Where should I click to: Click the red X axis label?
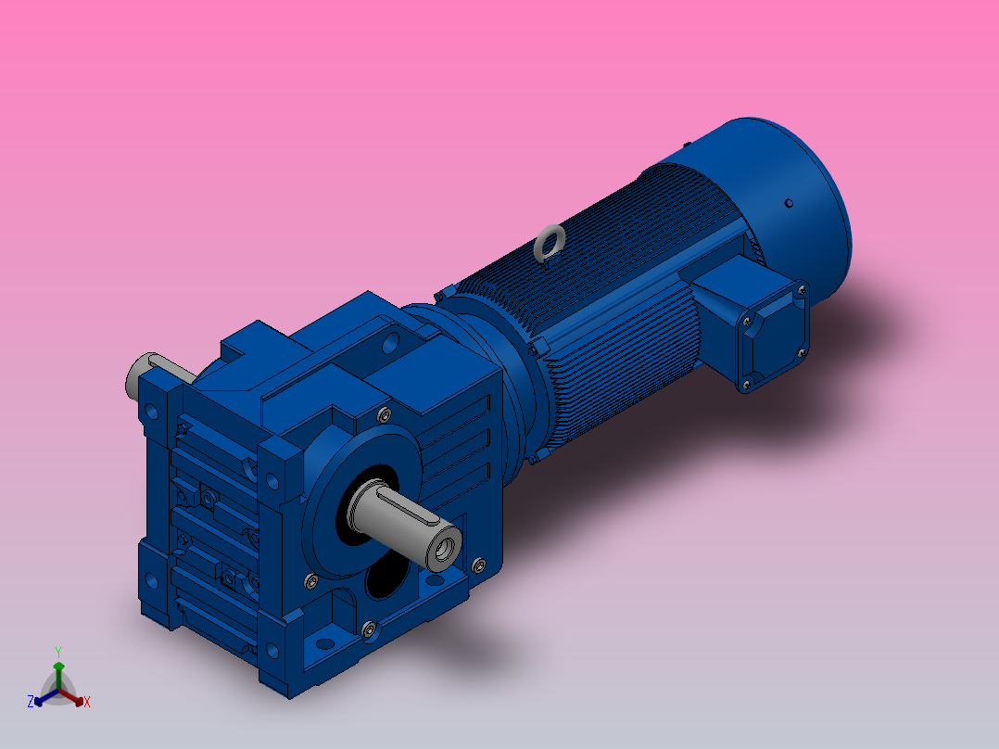(x=87, y=703)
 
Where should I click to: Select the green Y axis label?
(x=58, y=652)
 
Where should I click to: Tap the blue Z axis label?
(x=31, y=702)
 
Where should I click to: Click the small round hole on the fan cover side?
(x=789, y=203)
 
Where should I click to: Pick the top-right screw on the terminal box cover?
(x=800, y=291)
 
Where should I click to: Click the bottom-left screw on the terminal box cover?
(x=744, y=383)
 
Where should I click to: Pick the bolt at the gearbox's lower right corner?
(x=478, y=564)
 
